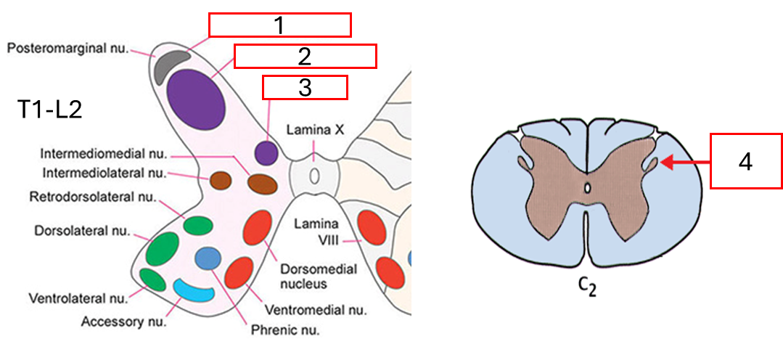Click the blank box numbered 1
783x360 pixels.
279,25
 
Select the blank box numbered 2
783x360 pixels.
305,56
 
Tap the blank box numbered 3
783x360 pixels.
305,87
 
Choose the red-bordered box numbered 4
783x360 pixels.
745,161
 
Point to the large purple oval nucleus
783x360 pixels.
194,97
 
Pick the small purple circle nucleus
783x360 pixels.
267,153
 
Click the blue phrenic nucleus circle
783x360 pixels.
208,258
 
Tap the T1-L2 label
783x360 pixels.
49,110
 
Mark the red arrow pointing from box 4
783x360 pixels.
684,164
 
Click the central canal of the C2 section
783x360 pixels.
589,189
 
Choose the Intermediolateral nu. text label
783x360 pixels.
104,173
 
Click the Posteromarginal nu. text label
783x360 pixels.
68,49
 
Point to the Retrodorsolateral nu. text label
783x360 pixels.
92,197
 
